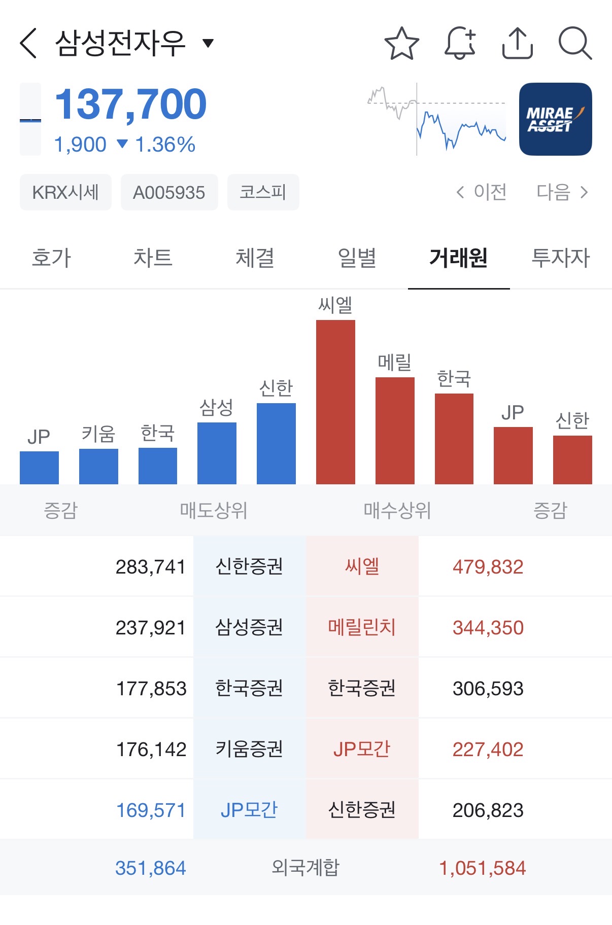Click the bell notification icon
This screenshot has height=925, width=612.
click(460, 43)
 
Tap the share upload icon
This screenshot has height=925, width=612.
click(518, 43)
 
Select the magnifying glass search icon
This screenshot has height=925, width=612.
click(575, 43)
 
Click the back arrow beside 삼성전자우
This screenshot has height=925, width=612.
click(28, 43)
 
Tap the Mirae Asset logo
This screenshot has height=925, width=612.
click(555, 119)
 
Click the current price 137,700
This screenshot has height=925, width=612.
click(130, 104)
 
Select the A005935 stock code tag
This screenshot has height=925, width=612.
click(169, 192)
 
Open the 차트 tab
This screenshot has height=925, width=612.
click(153, 258)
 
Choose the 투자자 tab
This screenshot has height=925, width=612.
click(561, 258)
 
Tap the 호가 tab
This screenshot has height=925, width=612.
click(51, 258)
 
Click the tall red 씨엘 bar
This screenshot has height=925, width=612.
click(335, 402)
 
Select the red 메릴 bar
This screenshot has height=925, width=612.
click(395, 431)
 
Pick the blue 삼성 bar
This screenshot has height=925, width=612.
click(217, 453)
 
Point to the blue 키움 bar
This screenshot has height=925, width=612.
click(98, 466)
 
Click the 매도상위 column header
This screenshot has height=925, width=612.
click(214, 510)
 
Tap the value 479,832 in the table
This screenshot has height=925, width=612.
click(488, 567)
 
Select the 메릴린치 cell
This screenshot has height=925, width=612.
click(362, 627)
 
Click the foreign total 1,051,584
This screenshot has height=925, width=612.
click(482, 868)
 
